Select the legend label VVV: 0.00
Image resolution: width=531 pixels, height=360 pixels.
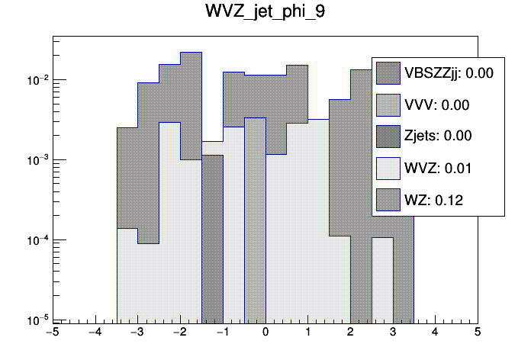click(x=436, y=105)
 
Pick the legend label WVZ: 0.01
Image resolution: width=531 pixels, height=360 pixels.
click(x=436, y=168)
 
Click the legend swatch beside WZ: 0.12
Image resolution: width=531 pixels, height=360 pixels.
click(x=389, y=200)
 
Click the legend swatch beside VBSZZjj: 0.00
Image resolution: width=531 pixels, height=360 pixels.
click(x=389, y=74)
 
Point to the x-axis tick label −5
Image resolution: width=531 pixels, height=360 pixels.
click(x=52, y=333)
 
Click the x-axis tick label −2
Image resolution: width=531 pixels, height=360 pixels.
click(x=179, y=333)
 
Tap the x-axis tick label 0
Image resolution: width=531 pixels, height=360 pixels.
click(x=265, y=333)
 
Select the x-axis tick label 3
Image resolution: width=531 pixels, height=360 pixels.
click(x=392, y=333)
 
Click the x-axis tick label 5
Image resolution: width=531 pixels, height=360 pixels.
click(x=477, y=333)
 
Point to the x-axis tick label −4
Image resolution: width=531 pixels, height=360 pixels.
click(x=95, y=333)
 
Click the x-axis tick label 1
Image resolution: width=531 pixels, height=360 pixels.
click(x=307, y=333)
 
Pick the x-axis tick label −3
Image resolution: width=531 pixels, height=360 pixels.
click(x=137, y=333)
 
